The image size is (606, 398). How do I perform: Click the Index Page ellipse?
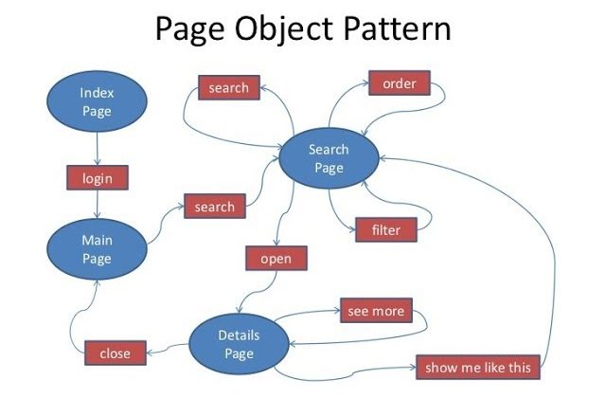coord(97,101)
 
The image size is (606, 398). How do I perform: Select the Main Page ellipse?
coord(97,249)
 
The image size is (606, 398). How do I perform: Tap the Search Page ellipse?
coord(329,158)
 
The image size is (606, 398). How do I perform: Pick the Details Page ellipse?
coord(239,344)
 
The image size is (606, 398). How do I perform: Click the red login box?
coord(98,178)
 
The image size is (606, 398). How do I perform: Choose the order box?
coord(400,82)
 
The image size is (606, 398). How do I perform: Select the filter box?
coord(386,229)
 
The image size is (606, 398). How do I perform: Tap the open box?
coord(276,258)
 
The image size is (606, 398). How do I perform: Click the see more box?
coord(376,310)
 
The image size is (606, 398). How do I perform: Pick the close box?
coord(116,353)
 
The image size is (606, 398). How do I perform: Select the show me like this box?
coord(477,367)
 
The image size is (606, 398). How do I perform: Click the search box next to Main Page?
coord(215,207)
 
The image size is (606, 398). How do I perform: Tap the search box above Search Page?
coord(229,87)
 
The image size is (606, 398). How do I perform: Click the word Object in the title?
coord(284,29)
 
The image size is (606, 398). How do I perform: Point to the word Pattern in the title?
coord(397,28)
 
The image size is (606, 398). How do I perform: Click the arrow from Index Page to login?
coord(97,149)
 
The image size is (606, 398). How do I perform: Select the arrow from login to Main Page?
coord(98,205)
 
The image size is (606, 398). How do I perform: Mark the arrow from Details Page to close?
coord(168,349)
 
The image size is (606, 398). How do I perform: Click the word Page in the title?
coord(189,29)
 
